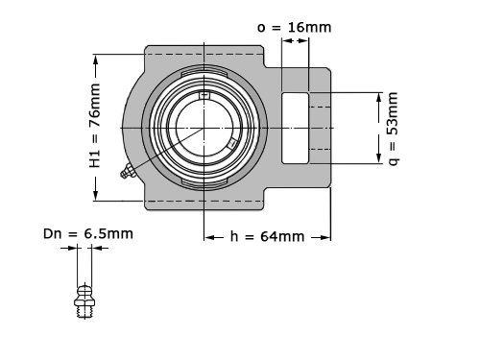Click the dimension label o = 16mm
point(294,28)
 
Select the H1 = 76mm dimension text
point(95,126)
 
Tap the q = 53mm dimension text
point(394,129)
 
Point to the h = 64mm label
point(267,237)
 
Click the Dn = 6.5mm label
point(88,234)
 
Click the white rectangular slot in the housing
point(295,128)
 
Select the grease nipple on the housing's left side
point(128,171)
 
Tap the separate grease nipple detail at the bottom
point(84,300)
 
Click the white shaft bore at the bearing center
point(204,128)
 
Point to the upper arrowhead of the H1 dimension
point(96,60)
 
